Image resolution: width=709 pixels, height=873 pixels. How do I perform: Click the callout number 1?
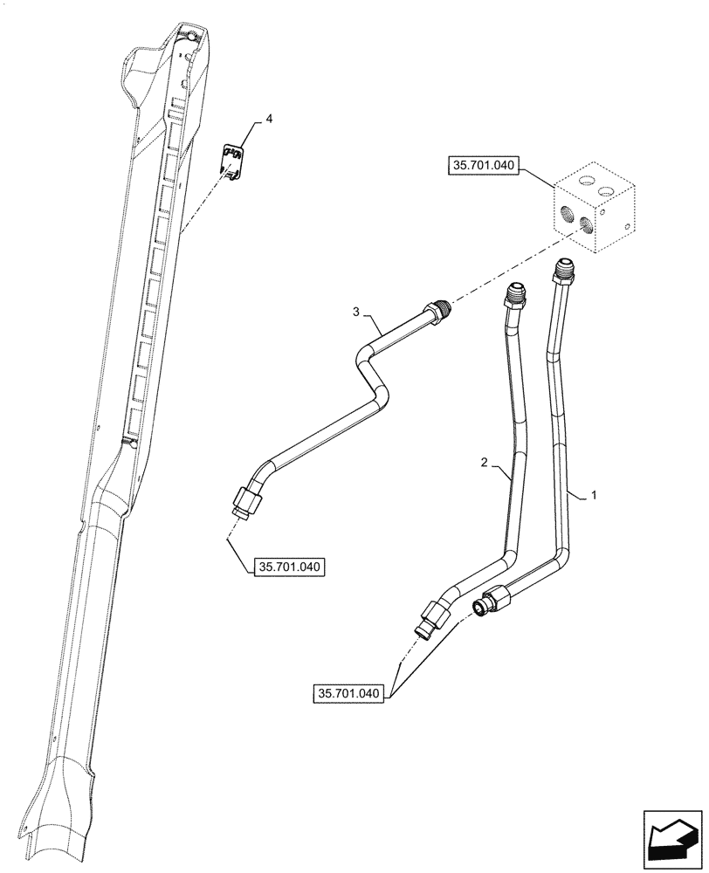click(594, 495)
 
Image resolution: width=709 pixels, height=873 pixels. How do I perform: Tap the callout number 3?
click(355, 311)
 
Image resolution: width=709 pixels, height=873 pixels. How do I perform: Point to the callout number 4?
click(268, 119)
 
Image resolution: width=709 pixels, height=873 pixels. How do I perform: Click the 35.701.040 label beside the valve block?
click(483, 163)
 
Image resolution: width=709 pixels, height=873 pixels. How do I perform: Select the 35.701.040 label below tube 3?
click(290, 567)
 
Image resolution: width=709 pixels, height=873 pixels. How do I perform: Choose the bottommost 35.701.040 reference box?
click(348, 694)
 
